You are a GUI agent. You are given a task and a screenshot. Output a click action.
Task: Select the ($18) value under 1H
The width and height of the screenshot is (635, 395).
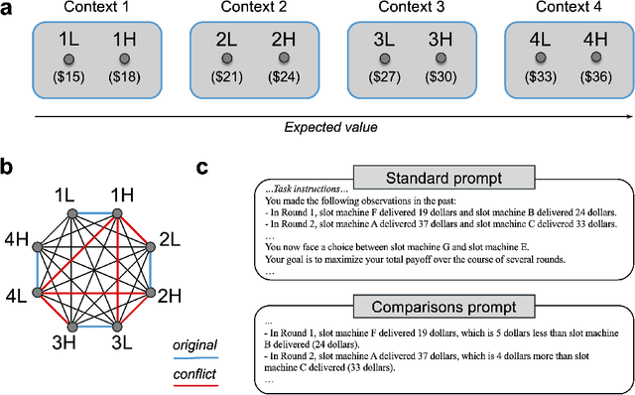tap(124, 76)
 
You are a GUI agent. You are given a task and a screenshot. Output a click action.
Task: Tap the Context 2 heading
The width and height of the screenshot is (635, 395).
tap(255, 9)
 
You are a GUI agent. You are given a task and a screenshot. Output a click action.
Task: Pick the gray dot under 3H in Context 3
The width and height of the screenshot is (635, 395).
tap(440, 60)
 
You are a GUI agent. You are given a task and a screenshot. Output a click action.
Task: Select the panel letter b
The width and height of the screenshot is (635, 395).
tap(8, 168)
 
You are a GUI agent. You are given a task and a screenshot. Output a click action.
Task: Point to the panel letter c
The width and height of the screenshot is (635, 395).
tap(202, 168)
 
